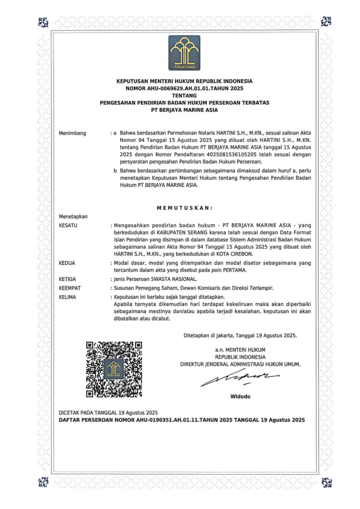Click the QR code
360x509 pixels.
114,368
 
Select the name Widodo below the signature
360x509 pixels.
241,396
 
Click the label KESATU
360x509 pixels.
69,226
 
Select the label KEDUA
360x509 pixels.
67,262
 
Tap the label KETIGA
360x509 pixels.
68,279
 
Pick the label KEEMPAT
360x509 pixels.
70,288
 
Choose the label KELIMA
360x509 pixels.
68,297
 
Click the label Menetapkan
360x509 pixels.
73,217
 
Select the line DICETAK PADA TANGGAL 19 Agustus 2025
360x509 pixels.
108,413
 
